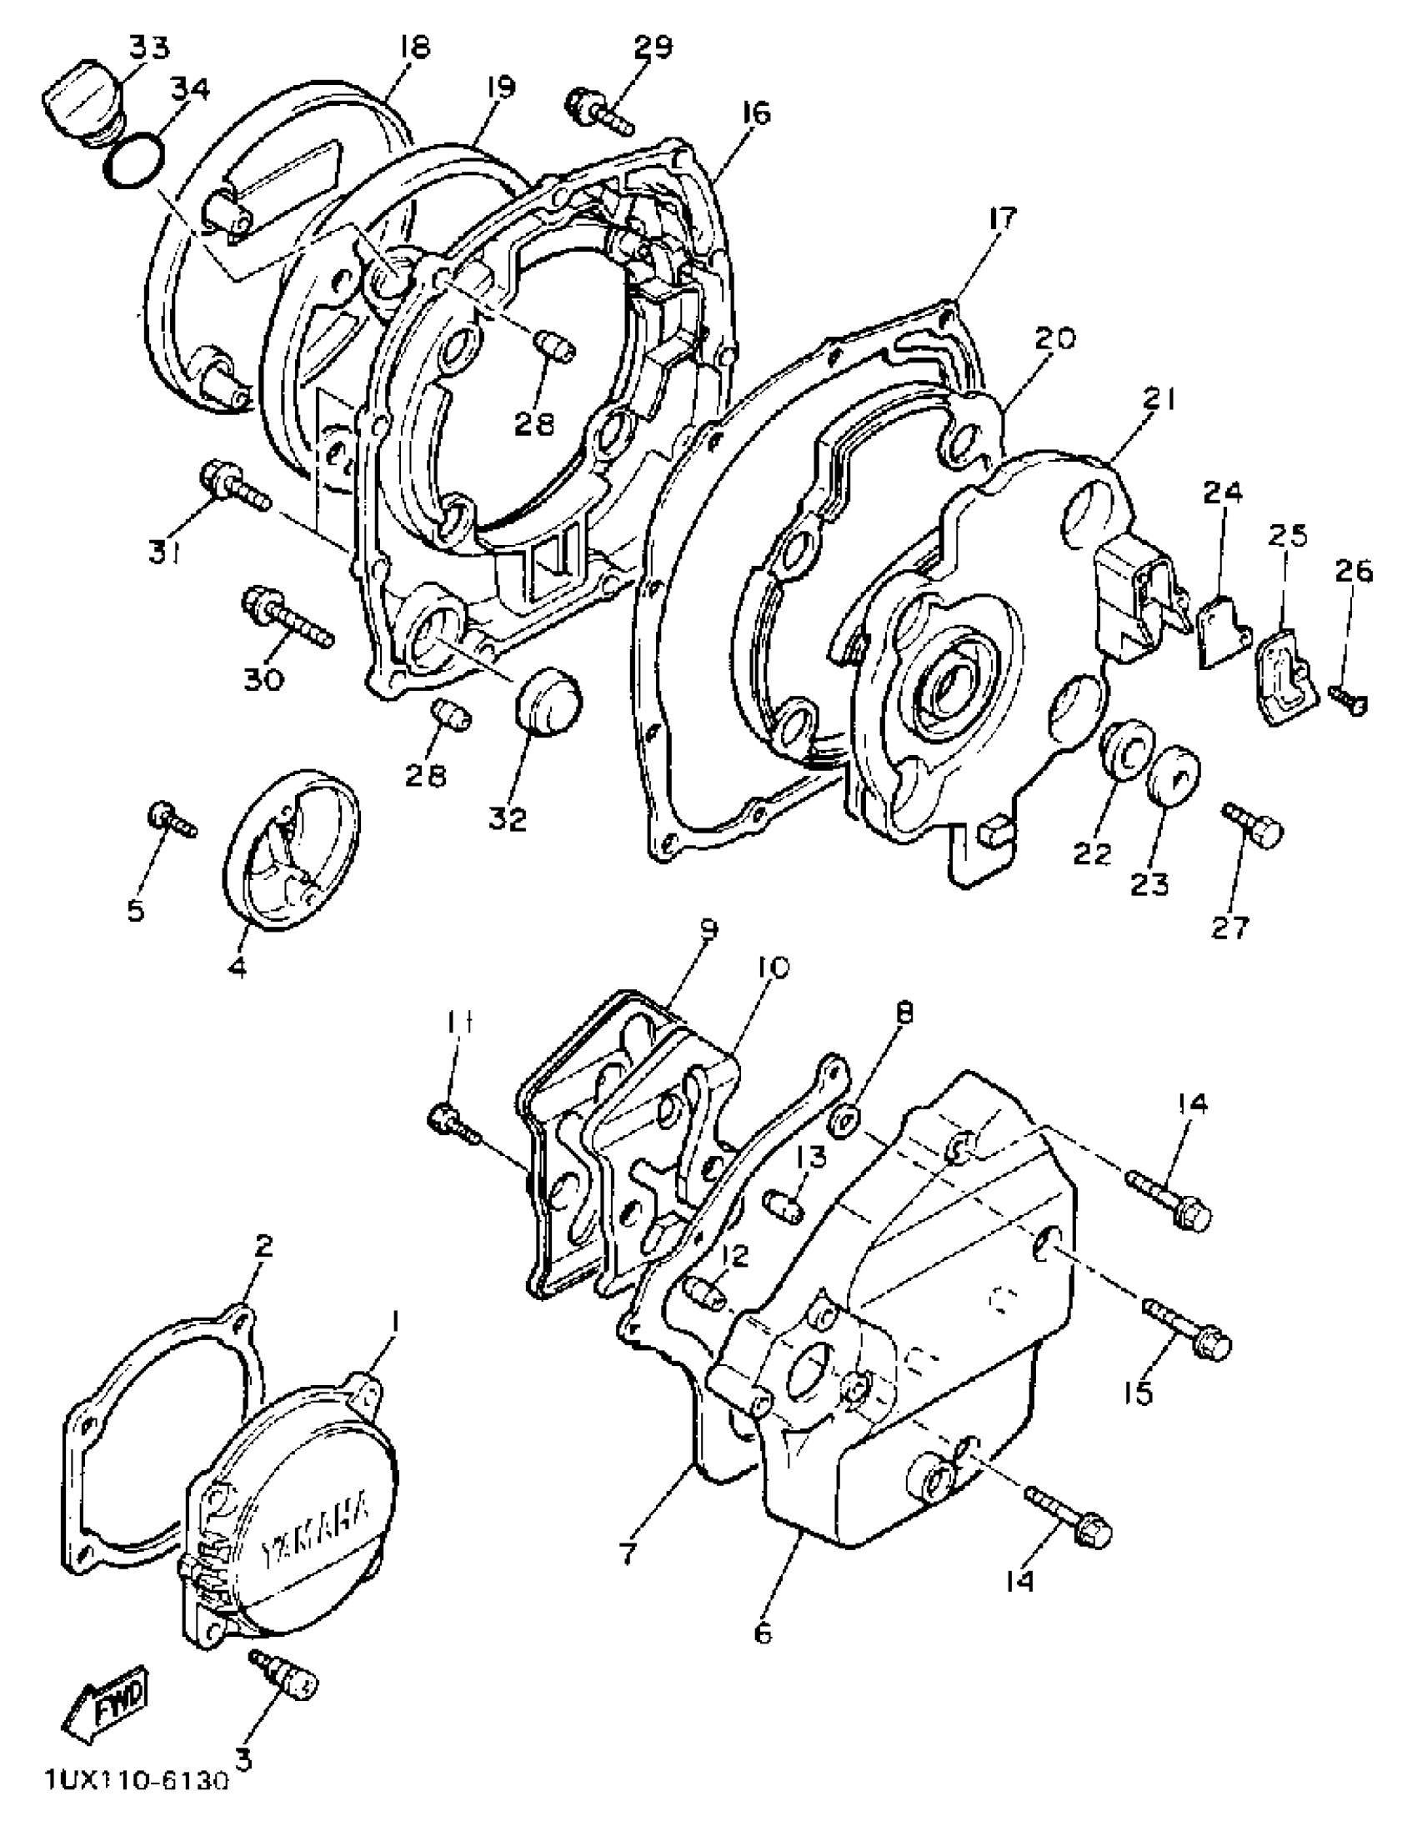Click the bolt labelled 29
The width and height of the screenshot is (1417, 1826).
coord(598,111)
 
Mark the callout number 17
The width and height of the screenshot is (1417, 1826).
coord(1002,219)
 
